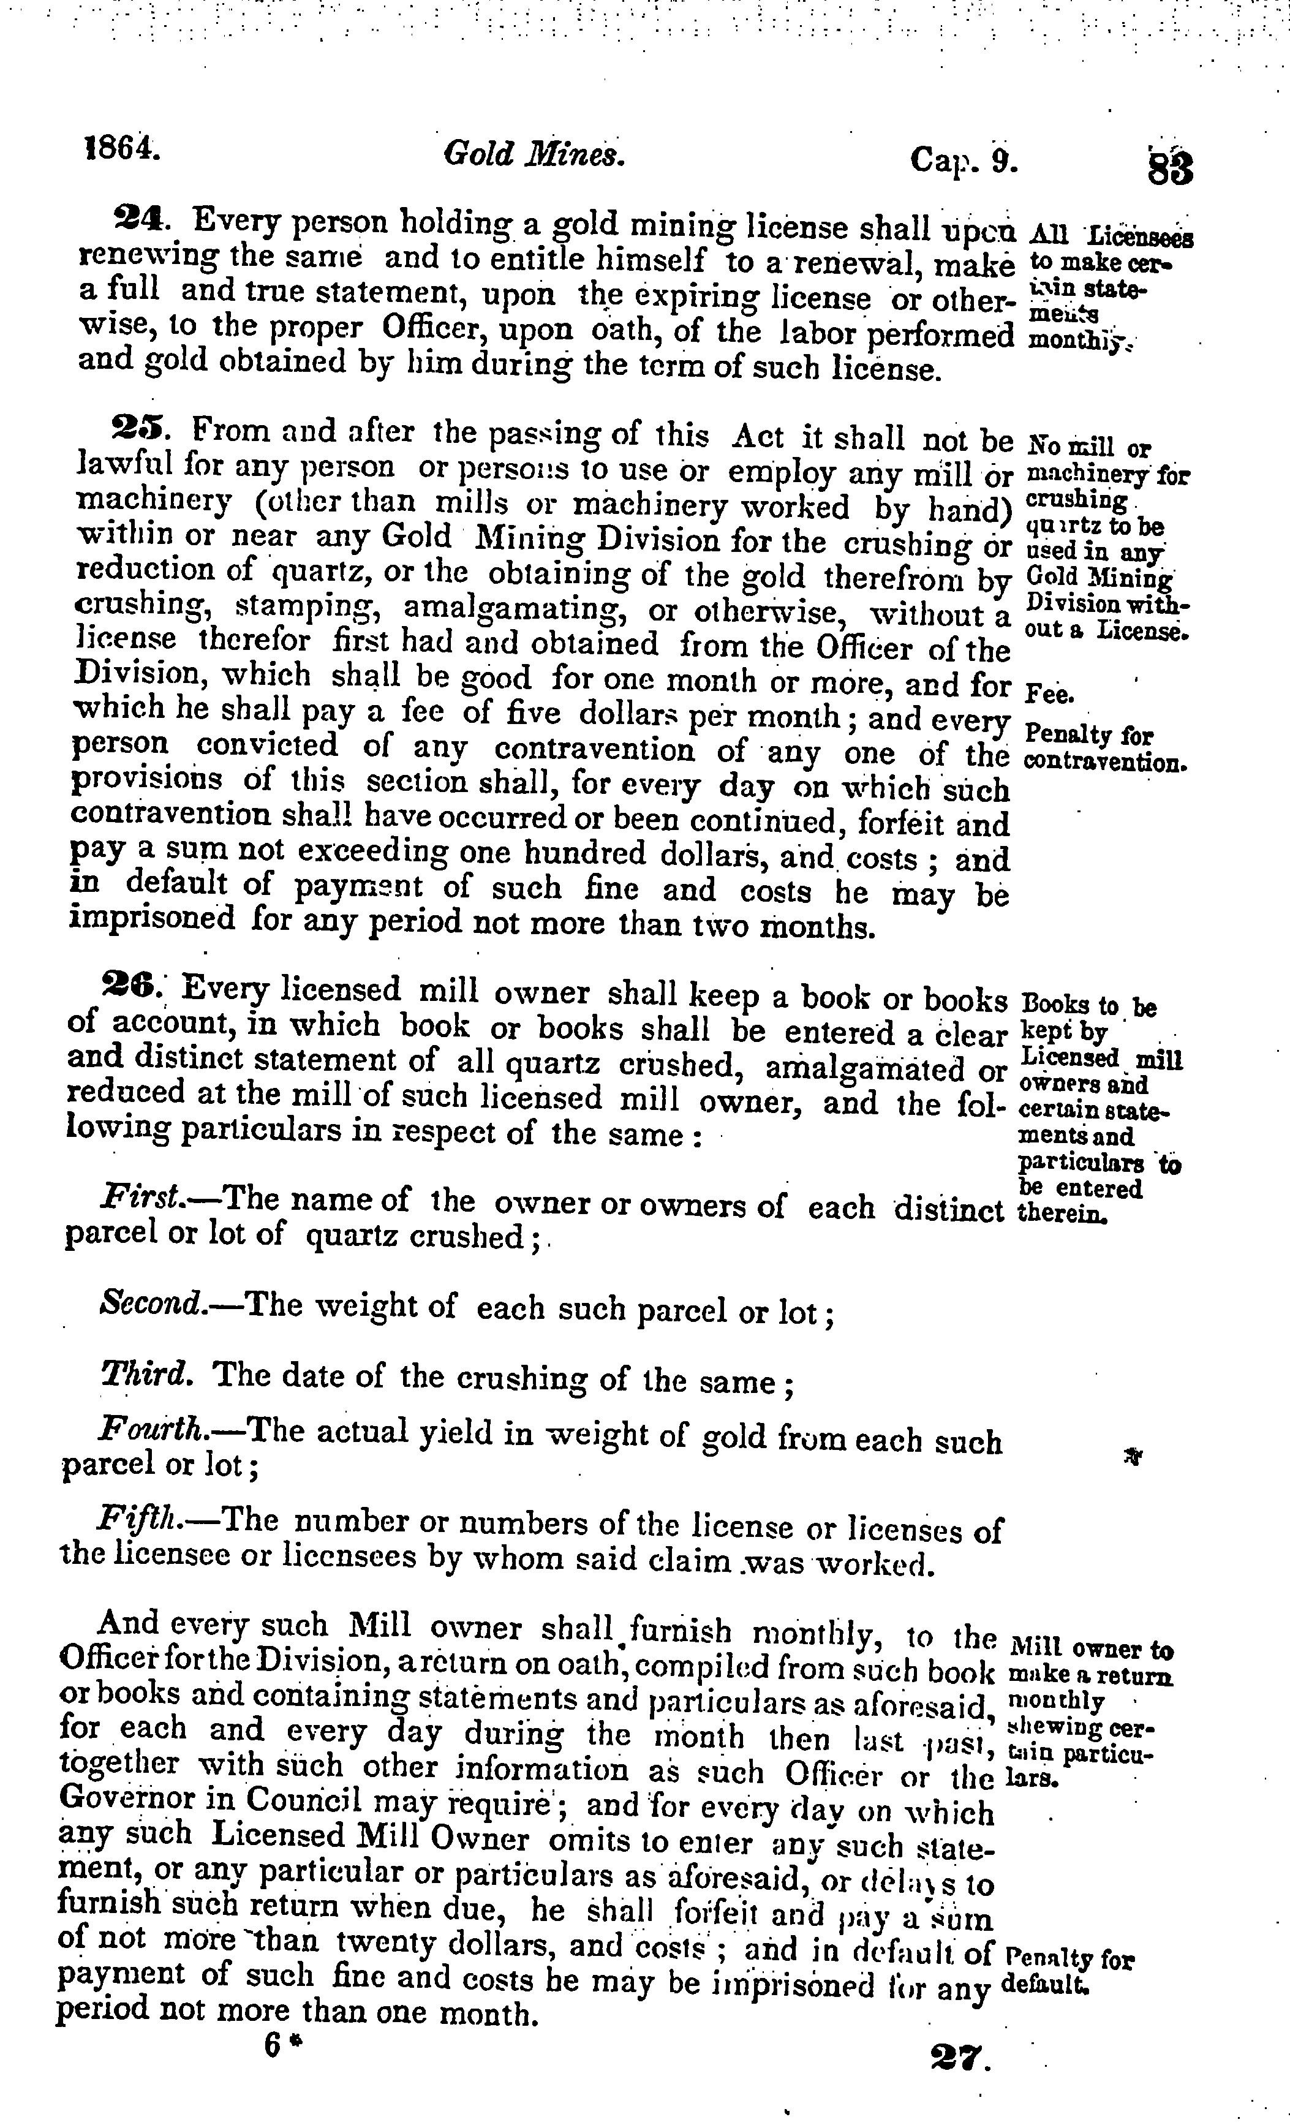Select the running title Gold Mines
click(x=533, y=154)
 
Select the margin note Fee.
click(x=1049, y=693)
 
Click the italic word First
click(x=140, y=1196)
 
